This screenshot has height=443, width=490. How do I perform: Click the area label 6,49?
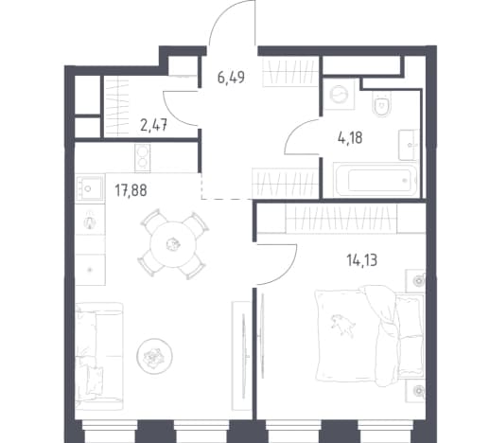pyautogui.click(x=231, y=77)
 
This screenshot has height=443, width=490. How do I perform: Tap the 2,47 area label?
pyautogui.click(x=153, y=126)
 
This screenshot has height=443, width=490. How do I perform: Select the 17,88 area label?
pyautogui.click(x=131, y=190)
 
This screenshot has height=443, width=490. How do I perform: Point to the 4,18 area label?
pyautogui.click(x=350, y=138)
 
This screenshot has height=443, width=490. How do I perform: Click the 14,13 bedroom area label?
pyautogui.click(x=361, y=260)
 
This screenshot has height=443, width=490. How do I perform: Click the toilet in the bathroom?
pyautogui.click(x=381, y=104)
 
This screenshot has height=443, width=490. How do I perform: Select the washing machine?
pyautogui.click(x=339, y=94)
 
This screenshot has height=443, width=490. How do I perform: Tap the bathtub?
pyautogui.click(x=376, y=180)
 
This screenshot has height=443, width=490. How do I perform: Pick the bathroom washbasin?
pyautogui.click(x=409, y=145)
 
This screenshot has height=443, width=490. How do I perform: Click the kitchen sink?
pyautogui.click(x=90, y=188)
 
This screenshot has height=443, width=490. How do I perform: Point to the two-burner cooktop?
pyautogui.click(x=143, y=158)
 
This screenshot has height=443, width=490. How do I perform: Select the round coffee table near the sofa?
pyautogui.click(x=154, y=356)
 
